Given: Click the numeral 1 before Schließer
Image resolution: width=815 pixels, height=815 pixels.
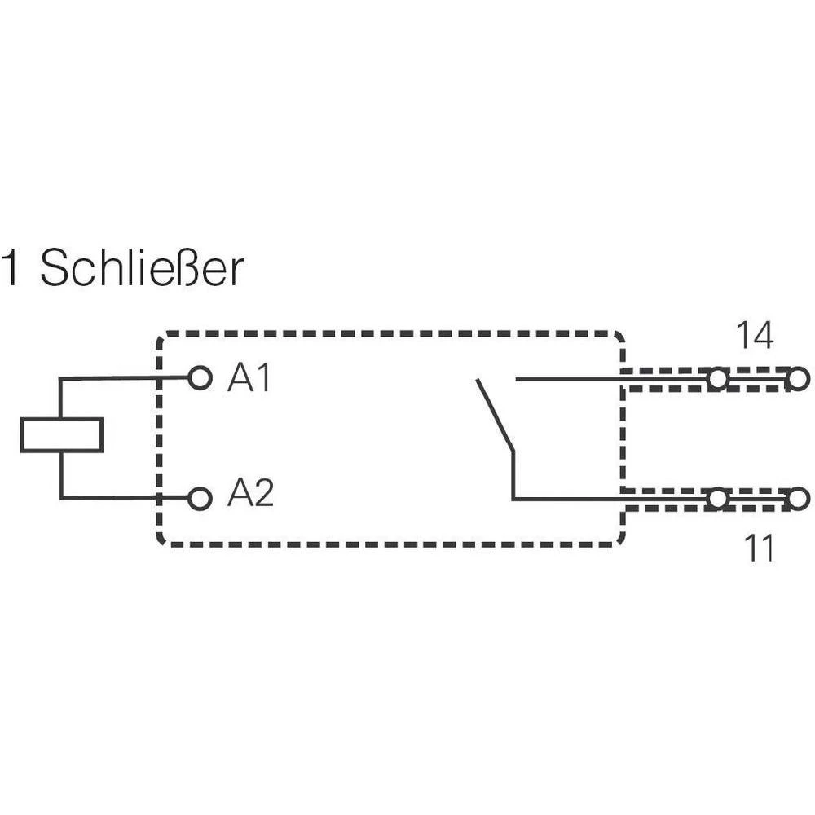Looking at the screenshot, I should pyautogui.click(x=11, y=269).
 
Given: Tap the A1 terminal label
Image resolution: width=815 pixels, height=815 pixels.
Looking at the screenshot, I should pyautogui.click(x=249, y=379).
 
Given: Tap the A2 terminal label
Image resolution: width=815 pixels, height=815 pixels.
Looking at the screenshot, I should pyautogui.click(x=250, y=494).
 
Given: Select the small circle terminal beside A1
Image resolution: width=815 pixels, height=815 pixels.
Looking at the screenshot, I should pyautogui.click(x=200, y=378).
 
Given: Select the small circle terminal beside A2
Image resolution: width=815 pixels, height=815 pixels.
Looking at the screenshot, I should pyautogui.click(x=200, y=498).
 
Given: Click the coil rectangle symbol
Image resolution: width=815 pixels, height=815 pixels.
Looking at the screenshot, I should pyautogui.click(x=61, y=434).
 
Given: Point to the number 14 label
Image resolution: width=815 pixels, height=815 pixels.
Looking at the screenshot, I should pyautogui.click(x=754, y=336).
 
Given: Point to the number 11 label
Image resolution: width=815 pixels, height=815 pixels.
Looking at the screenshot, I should pyautogui.click(x=759, y=549).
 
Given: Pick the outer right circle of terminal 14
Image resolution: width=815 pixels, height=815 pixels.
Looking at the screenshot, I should pyautogui.click(x=799, y=379).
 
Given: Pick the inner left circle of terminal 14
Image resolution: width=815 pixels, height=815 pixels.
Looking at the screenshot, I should pyautogui.click(x=717, y=379).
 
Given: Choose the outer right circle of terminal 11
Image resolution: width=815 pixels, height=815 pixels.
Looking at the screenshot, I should pyautogui.click(x=799, y=498).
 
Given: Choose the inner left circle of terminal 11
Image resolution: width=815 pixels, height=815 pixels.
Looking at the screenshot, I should pyautogui.click(x=717, y=498).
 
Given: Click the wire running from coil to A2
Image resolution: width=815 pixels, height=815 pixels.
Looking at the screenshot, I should pyautogui.click(x=122, y=498).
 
